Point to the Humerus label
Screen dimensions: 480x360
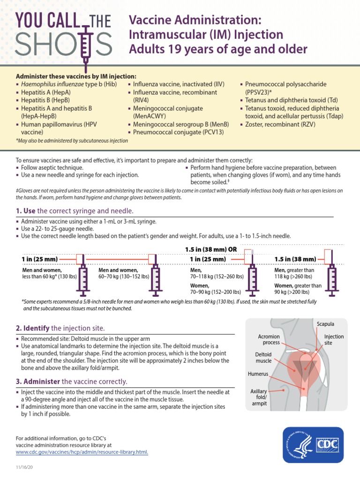click(258, 374)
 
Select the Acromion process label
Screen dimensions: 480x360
click(269, 339)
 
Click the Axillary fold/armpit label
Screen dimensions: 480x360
click(259, 397)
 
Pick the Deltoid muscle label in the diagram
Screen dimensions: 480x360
click(263, 358)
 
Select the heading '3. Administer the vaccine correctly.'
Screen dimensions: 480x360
click(72, 382)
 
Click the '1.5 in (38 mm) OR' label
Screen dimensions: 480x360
click(211, 249)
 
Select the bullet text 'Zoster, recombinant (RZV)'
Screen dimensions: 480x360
click(280, 124)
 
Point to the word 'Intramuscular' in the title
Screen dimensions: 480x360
click(162, 34)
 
